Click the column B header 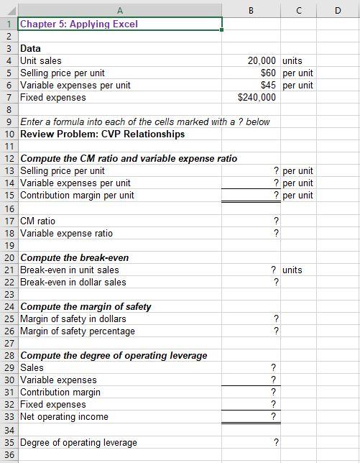point(250,9)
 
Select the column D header point(338,9)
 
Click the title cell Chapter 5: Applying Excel point(80,24)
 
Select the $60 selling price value point(269,73)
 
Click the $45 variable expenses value point(269,85)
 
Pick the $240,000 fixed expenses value point(257,97)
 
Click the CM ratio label point(38,221)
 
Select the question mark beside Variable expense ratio point(276,233)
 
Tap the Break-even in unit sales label point(70,270)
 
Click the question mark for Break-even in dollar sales point(276,282)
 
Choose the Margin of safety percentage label point(78,331)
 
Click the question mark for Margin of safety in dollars point(276,318)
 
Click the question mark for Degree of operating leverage point(276,442)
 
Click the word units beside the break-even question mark point(292,270)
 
